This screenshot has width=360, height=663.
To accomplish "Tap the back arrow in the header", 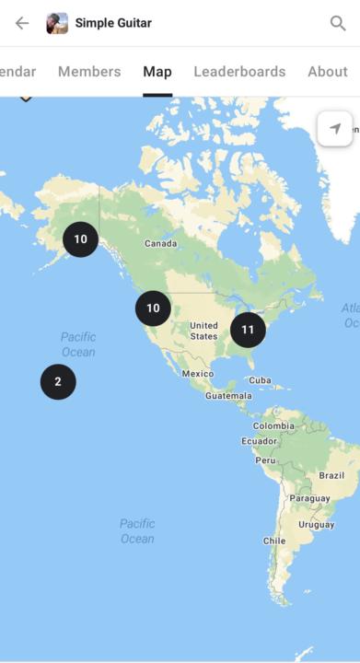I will tap(22, 23).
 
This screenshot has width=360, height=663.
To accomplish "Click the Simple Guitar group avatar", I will tap(57, 23).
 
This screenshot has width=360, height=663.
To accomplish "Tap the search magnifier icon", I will tap(338, 23).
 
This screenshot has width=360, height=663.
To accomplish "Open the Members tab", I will tap(89, 72).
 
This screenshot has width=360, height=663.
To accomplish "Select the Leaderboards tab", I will tap(239, 72).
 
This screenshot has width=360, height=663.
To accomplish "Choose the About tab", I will tap(328, 72).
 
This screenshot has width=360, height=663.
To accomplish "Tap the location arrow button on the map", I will tap(334, 129).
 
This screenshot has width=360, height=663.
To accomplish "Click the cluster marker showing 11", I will tap(248, 330).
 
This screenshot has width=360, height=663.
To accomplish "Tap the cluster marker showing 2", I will tap(58, 381).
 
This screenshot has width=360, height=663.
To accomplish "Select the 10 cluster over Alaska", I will tap(80, 239).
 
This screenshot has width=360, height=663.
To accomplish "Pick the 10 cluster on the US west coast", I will tap(153, 308).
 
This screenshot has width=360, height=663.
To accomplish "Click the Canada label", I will tap(160, 244).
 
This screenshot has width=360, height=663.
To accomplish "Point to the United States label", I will tap(203, 331).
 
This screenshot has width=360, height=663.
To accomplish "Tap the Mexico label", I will tap(197, 374).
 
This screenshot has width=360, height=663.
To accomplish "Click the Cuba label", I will tap(260, 379).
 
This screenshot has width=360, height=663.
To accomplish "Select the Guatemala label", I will tap(227, 396).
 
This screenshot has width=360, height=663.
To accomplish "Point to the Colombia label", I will tap(273, 426).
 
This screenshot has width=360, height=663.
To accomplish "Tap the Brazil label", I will tap(331, 475).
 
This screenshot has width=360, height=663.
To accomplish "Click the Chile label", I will tap(274, 541).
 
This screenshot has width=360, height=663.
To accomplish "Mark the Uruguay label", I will tap(317, 525).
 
